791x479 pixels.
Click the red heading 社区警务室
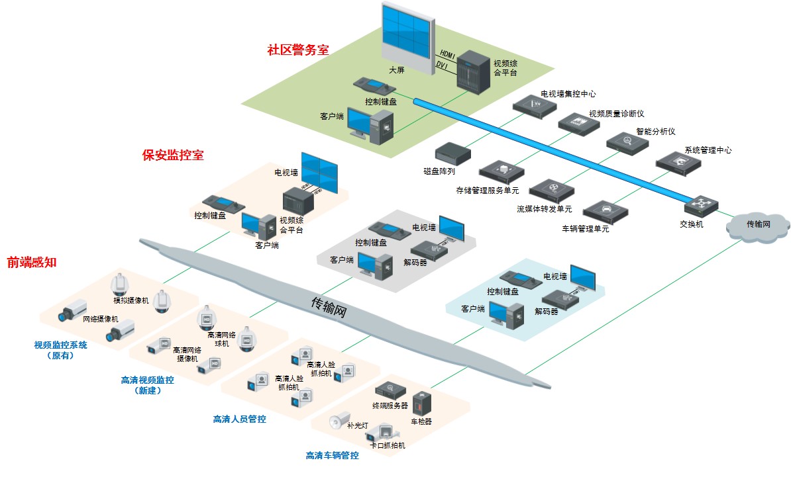(x=297, y=50)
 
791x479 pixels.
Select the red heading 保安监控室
(x=173, y=155)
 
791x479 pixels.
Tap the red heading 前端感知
(x=32, y=262)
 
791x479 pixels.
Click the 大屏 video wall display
(x=406, y=34)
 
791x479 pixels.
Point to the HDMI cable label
(x=448, y=53)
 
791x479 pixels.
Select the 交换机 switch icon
(x=701, y=206)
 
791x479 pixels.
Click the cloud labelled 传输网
(x=758, y=225)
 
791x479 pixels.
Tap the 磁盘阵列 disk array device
(x=452, y=153)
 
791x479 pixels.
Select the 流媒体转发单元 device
(x=552, y=190)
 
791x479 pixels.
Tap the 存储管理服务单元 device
(x=501, y=172)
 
